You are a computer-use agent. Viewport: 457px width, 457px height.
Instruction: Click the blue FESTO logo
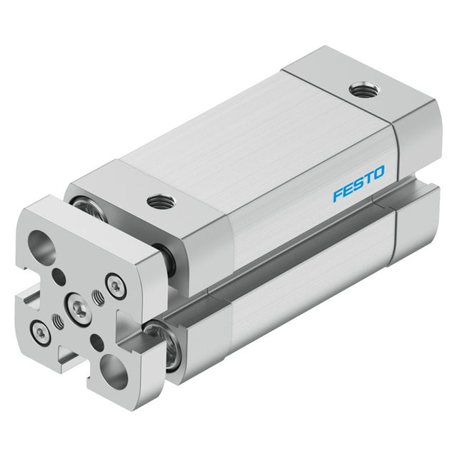point(358,184)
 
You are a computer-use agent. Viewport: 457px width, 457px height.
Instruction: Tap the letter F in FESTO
point(338,195)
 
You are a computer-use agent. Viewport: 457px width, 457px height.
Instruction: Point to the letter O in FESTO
point(378,172)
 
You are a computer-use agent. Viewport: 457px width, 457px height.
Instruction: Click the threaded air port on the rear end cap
point(364,89)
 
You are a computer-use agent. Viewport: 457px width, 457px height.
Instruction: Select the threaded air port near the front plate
point(161,202)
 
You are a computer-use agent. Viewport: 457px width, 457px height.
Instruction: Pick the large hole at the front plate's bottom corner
point(114,372)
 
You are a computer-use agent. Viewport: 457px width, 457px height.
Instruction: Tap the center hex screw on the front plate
point(79,308)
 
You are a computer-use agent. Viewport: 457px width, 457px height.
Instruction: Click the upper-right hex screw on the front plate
point(116,286)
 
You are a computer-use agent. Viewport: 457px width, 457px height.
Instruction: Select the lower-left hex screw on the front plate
point(41,333)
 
